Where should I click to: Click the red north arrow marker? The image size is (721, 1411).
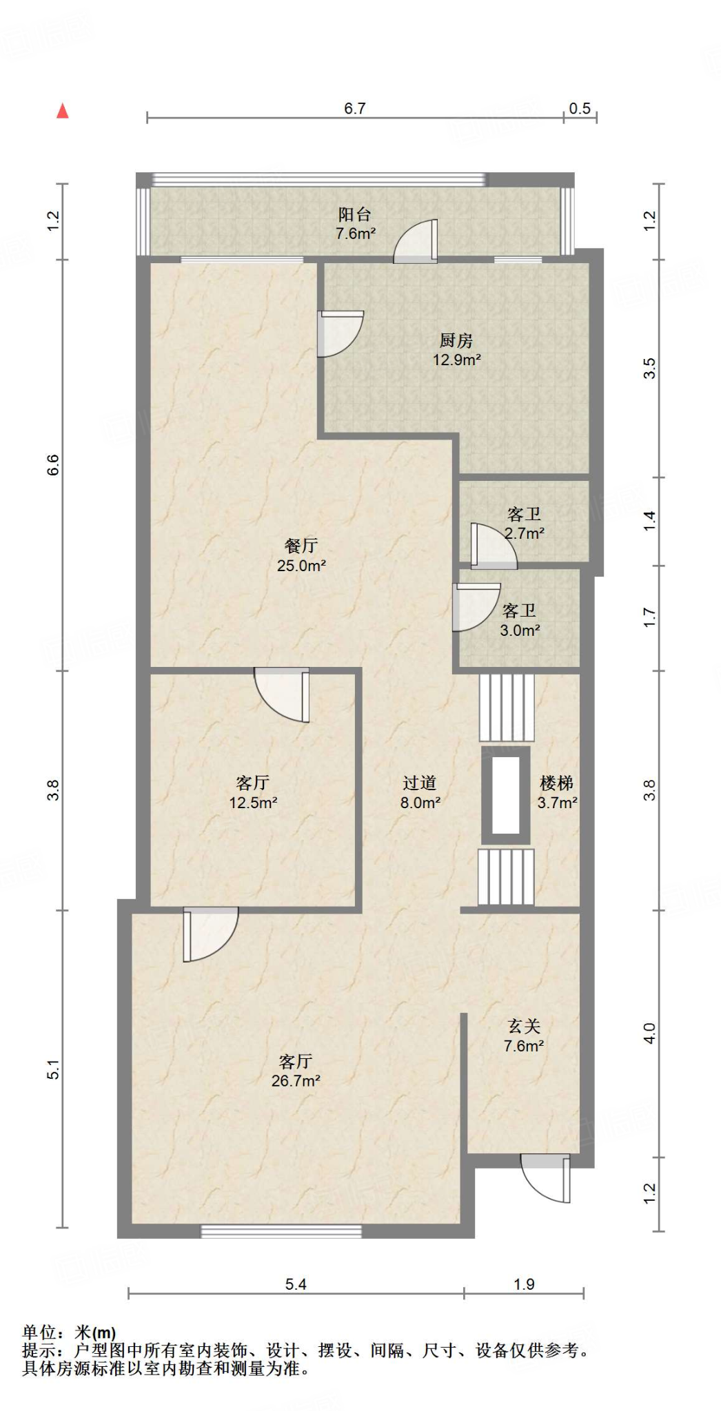[x=63, y=110]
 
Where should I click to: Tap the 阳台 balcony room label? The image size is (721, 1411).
[x=355, y=214]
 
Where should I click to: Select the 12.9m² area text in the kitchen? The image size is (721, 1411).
[x=456, y=360]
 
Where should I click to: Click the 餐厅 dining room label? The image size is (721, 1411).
[x=301, y=546]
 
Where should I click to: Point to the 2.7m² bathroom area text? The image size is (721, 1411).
[x=525, y=533]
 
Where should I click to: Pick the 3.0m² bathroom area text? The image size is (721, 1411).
[x=520, y=630]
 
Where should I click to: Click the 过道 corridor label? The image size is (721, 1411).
[x=420, y=783]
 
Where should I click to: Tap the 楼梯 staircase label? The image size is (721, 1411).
[x=557, y=783]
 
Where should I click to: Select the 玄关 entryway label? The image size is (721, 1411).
[x=524, y=1027]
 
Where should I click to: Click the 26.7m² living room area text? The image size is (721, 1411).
[x=296, y=1081]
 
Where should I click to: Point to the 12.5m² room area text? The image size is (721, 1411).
[x=253, y=803]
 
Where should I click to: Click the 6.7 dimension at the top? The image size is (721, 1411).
[x=355, y=108]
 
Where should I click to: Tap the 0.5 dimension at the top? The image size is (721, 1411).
[x=580, y=108]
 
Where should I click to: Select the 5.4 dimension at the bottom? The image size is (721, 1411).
[x=296, y=1284]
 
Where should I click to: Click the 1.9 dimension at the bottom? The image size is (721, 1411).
[x=524, y=1284]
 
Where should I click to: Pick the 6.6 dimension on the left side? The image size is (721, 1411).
[x=53, y=465]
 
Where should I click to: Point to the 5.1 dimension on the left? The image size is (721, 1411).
[x=53, y=1072]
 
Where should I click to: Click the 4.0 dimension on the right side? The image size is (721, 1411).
[x=649, y=1033]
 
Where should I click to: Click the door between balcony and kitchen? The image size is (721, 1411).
[x=416, y=241]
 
